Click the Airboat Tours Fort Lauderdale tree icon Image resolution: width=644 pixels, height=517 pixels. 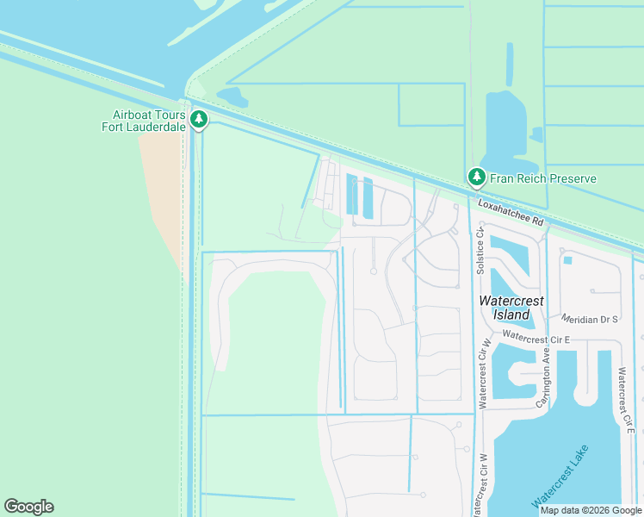(x=199, y=119)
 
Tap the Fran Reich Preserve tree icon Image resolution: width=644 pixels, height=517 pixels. (x=476, y=178)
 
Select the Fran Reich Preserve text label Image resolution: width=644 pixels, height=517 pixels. (x=543, y=179)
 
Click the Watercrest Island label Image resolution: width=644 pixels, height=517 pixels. (x=511, y=308)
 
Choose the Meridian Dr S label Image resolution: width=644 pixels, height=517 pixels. (x=589, y=319)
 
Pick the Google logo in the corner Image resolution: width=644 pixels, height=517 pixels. (x=28, y=507)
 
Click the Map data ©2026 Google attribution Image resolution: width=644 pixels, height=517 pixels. (x=591, y=510)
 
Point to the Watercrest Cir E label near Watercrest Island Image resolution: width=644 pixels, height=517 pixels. (x=537, y=338)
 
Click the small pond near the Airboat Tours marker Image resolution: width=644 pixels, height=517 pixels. (x=232, y=97)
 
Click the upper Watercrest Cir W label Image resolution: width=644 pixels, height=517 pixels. (x=484, y=371)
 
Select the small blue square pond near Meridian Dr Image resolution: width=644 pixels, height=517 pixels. (x=567, y=259)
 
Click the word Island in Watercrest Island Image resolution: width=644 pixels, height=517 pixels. (x=511, y=315)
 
